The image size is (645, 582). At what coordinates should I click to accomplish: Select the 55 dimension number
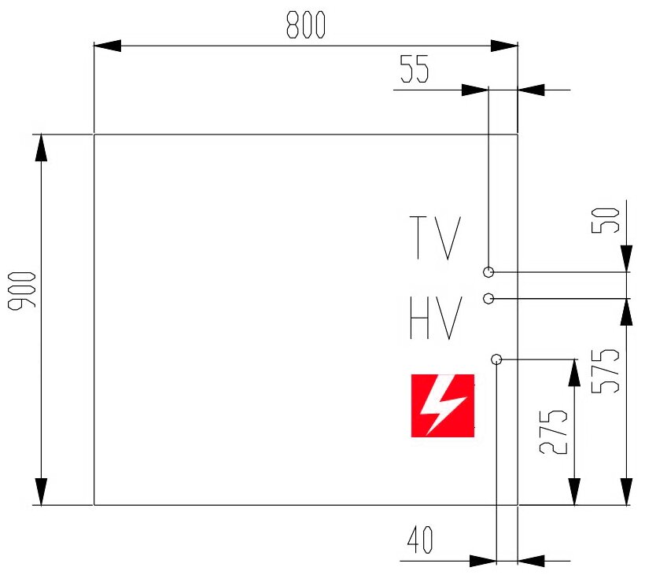[x=414, y=69]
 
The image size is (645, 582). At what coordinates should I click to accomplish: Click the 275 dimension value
[x=554, y=433]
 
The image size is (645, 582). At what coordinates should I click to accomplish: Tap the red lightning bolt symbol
[x=443, y=405]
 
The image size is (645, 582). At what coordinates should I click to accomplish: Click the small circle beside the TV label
[x=488, y=272]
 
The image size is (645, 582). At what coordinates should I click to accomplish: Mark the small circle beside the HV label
[x=488, y=298]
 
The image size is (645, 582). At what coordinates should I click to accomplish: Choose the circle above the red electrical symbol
[x=496, y=359]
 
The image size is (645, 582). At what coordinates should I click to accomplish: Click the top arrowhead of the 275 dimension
[x=574, y=374]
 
